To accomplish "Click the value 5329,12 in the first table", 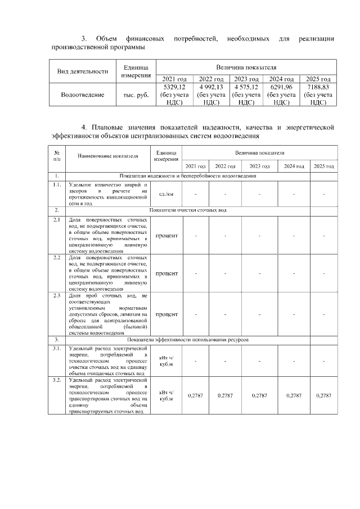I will pyautogui.click(x=174, y=88).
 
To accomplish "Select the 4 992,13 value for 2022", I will pyautogui.click(x=211, y=88).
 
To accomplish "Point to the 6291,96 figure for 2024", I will pyautogui.click(x=282, y=88).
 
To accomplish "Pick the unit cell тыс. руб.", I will pyautogui.click(x=136, y=95).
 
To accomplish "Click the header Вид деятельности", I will pyautogui.click(x=83, y=71).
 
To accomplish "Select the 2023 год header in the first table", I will pyautogui.click(x=246, y=79).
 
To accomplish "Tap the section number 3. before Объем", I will pyautogui.click(x=84, y=39).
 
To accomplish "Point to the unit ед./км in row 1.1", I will pyautogui.click(x=166, y=194).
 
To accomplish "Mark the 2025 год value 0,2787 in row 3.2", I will pyautogui.click(x=323, y=396).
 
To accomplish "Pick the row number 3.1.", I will pyautogui.click(x=57, y=349).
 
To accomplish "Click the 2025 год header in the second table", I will pyautogui.click(x=323, y=166).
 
